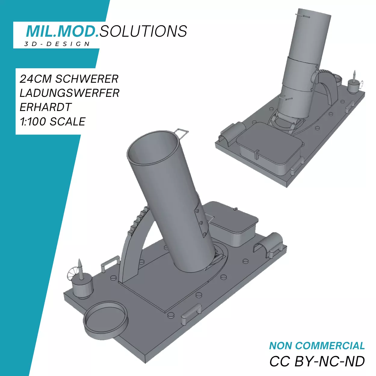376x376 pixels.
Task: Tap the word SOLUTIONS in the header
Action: (x=143, y=31)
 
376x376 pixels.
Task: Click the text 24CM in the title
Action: (x=35, y=79)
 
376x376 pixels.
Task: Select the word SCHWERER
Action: (x=87, y=79)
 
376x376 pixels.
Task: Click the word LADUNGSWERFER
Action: (x=69, y=93)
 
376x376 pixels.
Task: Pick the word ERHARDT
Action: (x=46, y=107)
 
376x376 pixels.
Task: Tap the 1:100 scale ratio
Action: (x=33, y=122)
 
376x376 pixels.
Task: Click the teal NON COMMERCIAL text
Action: (x=317, y=346)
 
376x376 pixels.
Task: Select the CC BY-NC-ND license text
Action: (x=317, y=362)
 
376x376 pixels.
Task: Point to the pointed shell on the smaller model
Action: (x=354, y=75)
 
